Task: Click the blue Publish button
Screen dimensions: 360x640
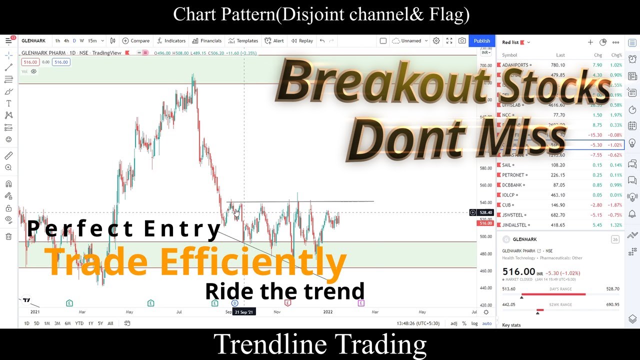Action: pos(481,41)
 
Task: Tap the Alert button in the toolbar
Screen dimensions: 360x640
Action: pos(274,41)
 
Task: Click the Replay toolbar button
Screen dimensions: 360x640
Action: pos(302,41)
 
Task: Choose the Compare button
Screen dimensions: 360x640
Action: pos(136,41)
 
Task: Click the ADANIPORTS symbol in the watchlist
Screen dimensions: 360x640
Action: pos(515,65)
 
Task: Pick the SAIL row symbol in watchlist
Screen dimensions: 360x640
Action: pos(506,165)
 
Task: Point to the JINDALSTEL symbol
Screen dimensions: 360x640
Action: pos(514,225)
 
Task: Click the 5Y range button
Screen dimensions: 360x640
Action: pos(100,323)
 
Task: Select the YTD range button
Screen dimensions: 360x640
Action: pos(79,323)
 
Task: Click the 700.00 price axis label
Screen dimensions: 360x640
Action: pos(485,66)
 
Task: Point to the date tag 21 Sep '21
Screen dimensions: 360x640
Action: pos(244,312)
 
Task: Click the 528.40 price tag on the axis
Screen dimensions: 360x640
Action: pos(485,212)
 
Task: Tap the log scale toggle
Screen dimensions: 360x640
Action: pos(474,323)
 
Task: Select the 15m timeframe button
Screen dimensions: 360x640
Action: pos(92,41)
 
